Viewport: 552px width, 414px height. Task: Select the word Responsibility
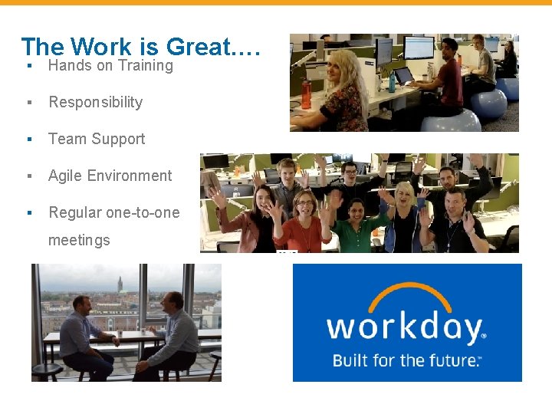pyautogui.click(x=96, y=103)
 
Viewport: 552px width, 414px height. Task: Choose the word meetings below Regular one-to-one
pyautogui.click(x=79, y=241)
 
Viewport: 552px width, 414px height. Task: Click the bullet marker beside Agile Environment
pyautogui.click(x=28, y=176)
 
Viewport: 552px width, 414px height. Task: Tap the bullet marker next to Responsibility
pyautogui.click(x=28, y=103)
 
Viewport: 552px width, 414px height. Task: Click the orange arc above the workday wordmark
pyautogui.click(x=406, y=295)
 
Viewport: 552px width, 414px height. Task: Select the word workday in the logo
pyautogui.click(x=405, y=328)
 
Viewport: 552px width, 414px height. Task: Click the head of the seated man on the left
pyautogui.click(x=80, y=305)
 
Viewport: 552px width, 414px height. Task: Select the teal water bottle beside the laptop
pyautogui.click(x=392, y=81)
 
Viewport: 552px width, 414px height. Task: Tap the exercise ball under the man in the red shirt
pyautogui.click(x=450, y=121)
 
